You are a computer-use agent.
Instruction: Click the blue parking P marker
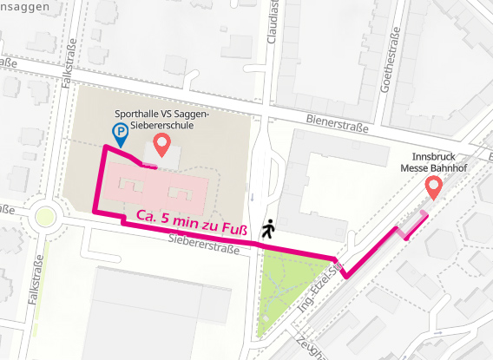pyautogui.click(x=120, y=133)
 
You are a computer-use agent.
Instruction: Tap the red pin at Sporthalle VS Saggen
pyautogui.click(x=161, y=142)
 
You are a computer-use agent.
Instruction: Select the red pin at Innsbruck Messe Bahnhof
pyautogui.click(x=432, y=187)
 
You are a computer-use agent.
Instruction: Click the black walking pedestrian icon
pyautogui.click(x=268, y=228)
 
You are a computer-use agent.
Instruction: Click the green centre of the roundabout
pyautogui.click(x=45, y=216)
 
